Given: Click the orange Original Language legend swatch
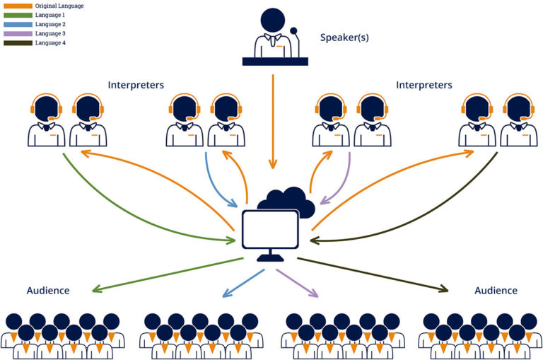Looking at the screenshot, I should (x=18, y=6).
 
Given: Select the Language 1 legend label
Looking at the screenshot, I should (x=50, y=15).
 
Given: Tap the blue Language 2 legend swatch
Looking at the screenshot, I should (x=18, y=24).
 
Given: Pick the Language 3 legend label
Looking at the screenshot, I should (x=50, y=33).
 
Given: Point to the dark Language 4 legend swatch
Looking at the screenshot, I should (x=18, y=42).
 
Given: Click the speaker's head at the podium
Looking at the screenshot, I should (x=272, y=19).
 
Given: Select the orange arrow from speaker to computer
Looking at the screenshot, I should (x=272, y=120).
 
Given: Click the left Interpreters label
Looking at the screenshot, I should (x=136, y=85).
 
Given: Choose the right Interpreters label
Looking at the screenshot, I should (x=424, y=85).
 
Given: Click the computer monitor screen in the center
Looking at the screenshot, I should (x=270, y=228).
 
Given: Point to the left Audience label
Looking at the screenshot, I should (x=48, y=291).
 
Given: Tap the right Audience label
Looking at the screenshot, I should (x=496, y=291).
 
